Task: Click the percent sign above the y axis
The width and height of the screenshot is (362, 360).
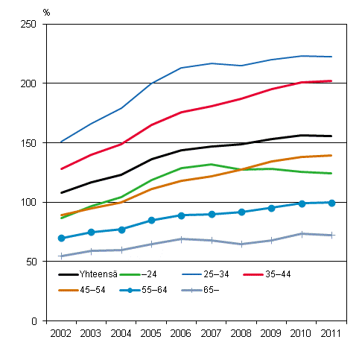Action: tap(46, 12)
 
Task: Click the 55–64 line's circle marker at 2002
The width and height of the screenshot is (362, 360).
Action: tap(61, 239)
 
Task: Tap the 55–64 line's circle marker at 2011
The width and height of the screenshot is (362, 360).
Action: tap(331, 203)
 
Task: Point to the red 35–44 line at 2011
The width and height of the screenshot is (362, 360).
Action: tap(331, 81)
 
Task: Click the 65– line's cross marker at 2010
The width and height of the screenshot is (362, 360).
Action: tap(302, 234)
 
